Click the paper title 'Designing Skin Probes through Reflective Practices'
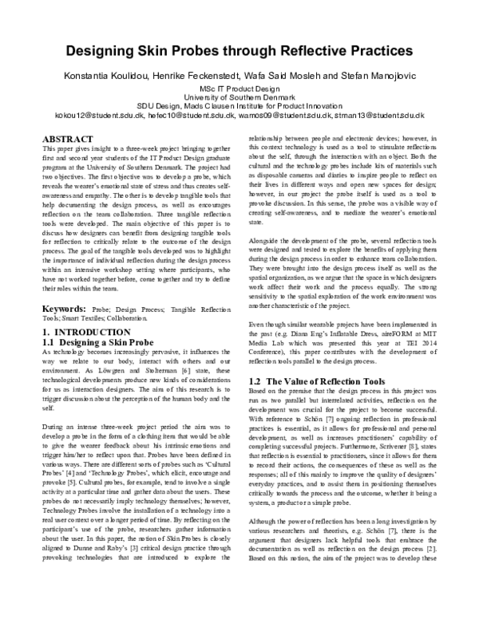[x=239, y=50]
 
